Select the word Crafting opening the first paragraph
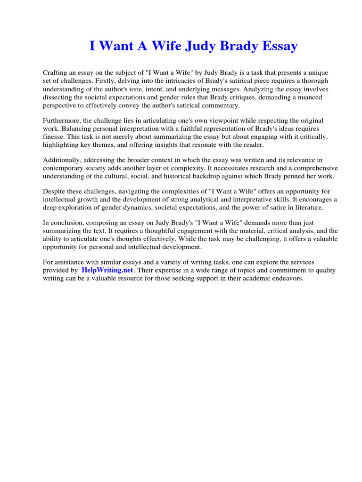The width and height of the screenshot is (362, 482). [x=56, y=73]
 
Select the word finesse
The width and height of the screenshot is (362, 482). [x=53, y=137]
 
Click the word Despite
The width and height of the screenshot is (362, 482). [x=54, y=192]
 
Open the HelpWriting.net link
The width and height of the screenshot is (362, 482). [x=107, y=271]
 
